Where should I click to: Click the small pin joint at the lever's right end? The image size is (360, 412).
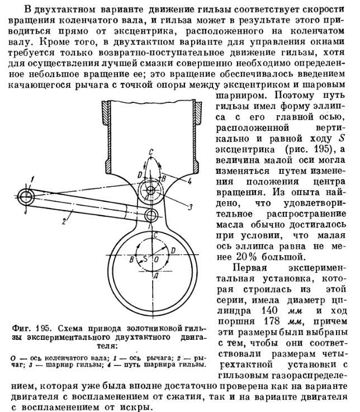click(x=150, y=215)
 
